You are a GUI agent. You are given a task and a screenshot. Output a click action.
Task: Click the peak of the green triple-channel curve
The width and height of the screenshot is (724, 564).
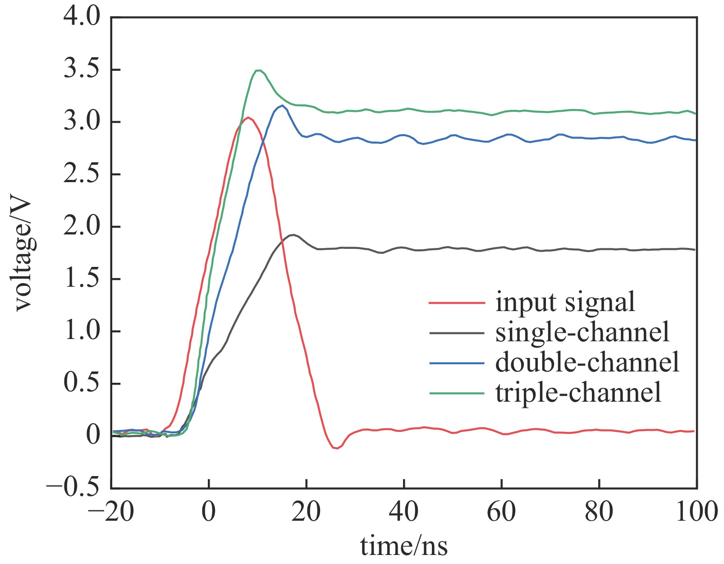click(258, 70)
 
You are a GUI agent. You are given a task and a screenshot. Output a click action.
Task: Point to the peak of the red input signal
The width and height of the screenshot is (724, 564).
click(247, 118)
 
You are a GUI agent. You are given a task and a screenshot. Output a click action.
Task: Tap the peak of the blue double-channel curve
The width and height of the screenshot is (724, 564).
click(282, 105)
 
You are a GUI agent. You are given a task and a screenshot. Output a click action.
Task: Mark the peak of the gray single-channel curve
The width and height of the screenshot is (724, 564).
click(293, 235)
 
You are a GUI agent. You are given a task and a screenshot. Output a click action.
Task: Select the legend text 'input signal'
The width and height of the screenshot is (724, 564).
click(565, 302)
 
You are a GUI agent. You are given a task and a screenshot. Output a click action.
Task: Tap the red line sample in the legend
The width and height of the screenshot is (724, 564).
click(456, 303)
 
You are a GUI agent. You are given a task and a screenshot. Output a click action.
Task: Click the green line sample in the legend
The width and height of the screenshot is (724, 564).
click(456, 393)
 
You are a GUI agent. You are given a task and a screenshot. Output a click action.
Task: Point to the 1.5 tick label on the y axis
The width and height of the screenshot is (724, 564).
click(81, 279)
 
